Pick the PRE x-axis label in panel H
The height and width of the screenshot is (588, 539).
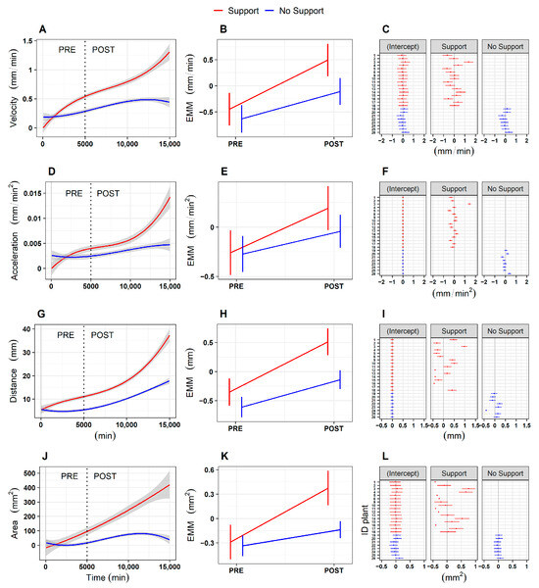pos(235,431)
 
